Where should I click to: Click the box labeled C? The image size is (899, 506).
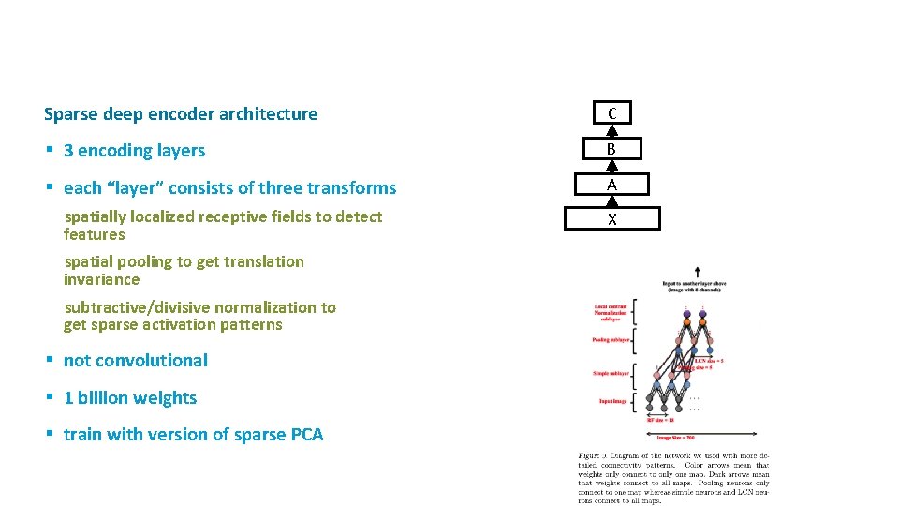click(x=612, y=113)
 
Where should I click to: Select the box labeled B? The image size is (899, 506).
click(x=612, y=149)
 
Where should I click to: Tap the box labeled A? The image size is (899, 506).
click(x=612, y=185)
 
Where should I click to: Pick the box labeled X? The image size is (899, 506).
click(x=612, y=219)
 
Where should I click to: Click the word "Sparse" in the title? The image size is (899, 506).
click(x=71, y=114)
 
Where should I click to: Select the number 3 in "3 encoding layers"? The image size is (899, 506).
click(x=68, y=151)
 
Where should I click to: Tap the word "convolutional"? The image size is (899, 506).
click(x=152, y=361)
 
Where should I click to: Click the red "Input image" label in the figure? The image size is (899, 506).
click(x=612, y=401)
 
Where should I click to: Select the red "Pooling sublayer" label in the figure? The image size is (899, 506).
click(x=611, y=340)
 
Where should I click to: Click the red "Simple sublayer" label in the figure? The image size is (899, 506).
click(x=611, y=373)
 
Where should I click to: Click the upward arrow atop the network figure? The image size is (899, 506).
click(x=697, y=273)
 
